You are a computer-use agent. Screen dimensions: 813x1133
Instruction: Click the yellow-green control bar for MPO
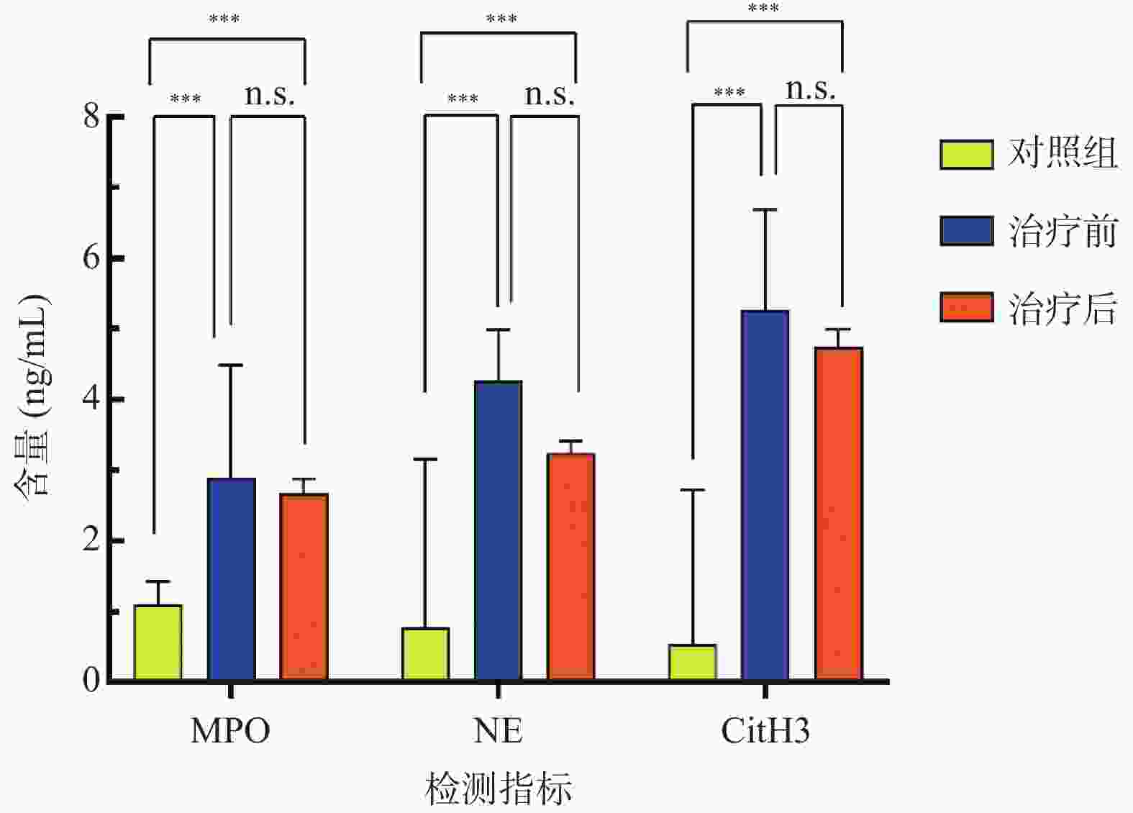(158, 642)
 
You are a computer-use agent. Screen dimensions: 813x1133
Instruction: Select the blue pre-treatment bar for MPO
(232, 579)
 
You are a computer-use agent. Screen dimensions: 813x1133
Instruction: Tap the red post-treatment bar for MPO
(304, 586)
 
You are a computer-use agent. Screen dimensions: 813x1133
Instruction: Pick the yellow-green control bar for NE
(426, 654)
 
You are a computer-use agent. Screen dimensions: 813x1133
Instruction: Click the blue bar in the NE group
(499, 530)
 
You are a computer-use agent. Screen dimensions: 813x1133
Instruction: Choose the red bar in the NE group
(571, 566)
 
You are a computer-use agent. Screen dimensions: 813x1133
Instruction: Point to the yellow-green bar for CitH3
(693, 663)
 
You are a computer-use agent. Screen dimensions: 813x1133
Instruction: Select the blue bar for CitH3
(765, 495)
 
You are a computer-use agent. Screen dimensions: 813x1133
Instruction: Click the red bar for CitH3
(839, 514)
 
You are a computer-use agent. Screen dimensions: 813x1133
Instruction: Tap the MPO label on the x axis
(230, 731)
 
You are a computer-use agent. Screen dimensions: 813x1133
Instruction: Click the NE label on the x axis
(499, 731)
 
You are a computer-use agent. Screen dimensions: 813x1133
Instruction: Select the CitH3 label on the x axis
(765, 731)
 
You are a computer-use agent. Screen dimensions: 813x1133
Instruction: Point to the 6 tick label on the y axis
(91, 257)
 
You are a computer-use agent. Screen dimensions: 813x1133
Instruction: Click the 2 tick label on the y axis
(91, 540)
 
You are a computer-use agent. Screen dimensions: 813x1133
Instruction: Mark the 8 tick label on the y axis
(91, 115)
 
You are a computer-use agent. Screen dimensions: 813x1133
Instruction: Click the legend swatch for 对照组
(967, 154)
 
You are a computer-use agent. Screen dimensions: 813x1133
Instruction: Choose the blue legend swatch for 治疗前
(967, 231)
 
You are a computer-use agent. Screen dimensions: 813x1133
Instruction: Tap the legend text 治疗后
(1063, 308)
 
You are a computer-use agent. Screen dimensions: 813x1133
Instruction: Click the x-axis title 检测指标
(499, 789)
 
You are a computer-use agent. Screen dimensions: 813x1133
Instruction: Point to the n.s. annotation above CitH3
(811, 90)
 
